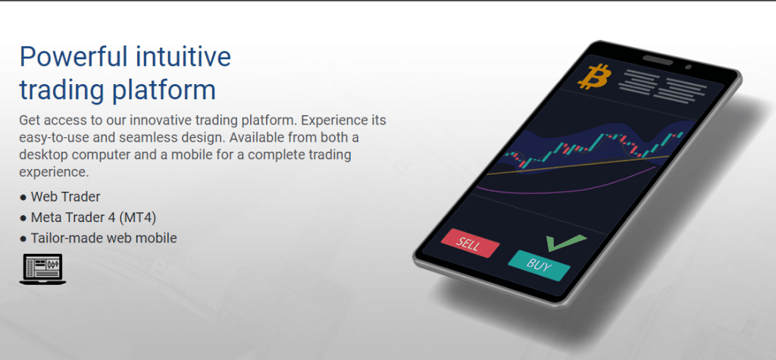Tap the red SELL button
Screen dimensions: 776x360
[x=470, y=243]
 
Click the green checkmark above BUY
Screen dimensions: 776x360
[x=565, y=243]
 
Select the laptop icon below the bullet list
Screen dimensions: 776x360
[x=42, y=269]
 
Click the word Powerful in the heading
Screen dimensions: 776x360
[x=72, y=56]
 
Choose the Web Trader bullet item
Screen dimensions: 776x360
[x=60, y=196]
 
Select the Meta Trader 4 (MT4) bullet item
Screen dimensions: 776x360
[x=89, y=218]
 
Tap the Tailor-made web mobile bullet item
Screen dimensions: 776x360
[x=99, y=238]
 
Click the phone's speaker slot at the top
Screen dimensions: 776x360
[x=658, y=61]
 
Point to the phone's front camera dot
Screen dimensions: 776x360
[x=688, y=67]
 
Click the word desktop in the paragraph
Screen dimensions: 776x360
[x=42, y=155]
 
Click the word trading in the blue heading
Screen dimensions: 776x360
[x=61, y=91]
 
